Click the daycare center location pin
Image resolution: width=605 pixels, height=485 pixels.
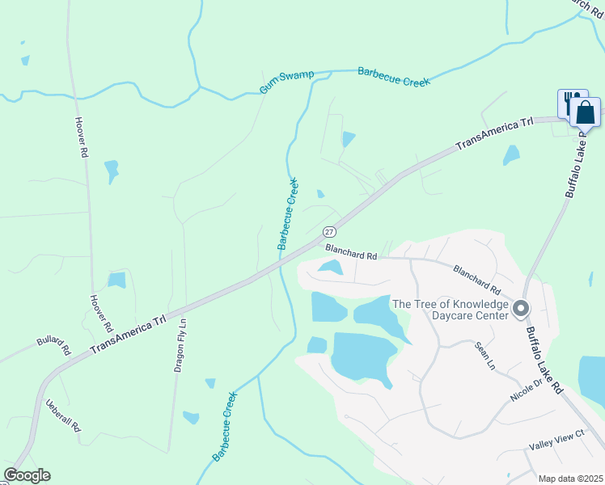pos(521,308)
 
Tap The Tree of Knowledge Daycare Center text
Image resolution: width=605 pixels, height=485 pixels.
pos(450,310)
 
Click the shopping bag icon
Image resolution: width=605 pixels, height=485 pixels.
pos(586,112)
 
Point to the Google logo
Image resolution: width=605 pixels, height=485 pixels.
pos(27,475)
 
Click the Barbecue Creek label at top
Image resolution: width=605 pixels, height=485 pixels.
pos(394,77)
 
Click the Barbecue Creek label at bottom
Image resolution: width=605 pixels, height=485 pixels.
pos(225,427)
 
